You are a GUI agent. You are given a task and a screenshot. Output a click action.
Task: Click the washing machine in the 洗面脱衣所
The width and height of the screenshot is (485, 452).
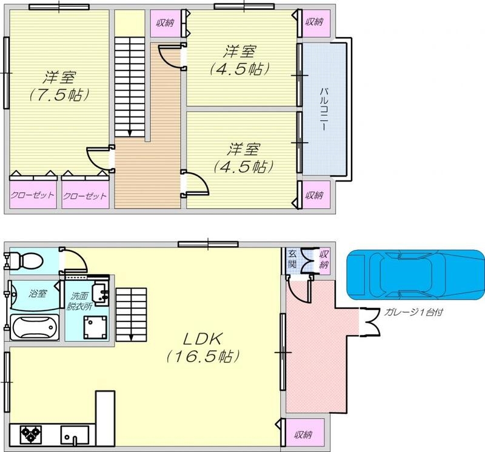96,328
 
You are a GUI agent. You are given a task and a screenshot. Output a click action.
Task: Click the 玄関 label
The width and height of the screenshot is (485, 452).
292,259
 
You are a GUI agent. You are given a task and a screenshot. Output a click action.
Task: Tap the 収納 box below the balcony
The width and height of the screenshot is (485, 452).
314,195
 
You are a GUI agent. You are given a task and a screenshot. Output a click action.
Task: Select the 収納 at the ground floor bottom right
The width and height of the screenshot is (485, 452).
304,434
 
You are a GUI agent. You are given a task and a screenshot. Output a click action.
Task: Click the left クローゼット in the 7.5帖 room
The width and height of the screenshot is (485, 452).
32,195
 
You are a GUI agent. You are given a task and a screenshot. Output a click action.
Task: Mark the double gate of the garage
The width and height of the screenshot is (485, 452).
370,320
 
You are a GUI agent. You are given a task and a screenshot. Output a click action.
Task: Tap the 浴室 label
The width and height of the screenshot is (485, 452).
38,294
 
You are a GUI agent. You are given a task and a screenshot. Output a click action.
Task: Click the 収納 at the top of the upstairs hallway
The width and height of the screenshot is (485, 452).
165,24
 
